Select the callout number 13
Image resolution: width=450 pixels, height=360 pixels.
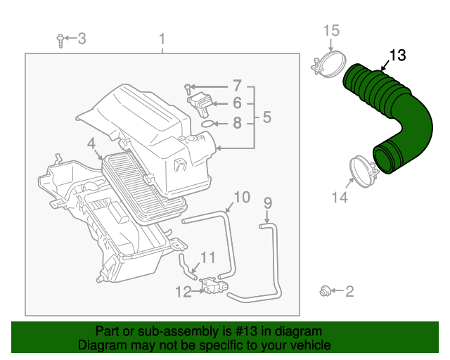click(397, 55)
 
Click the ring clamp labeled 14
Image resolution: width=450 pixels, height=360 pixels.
click(362, 171)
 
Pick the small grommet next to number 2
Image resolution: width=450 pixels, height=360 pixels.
click(325, 290)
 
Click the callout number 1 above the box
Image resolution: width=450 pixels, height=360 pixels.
click(162, 38)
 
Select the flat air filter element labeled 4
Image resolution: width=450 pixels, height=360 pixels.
click(144, 186)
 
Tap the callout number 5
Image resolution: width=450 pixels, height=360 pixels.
click(266, 117)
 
